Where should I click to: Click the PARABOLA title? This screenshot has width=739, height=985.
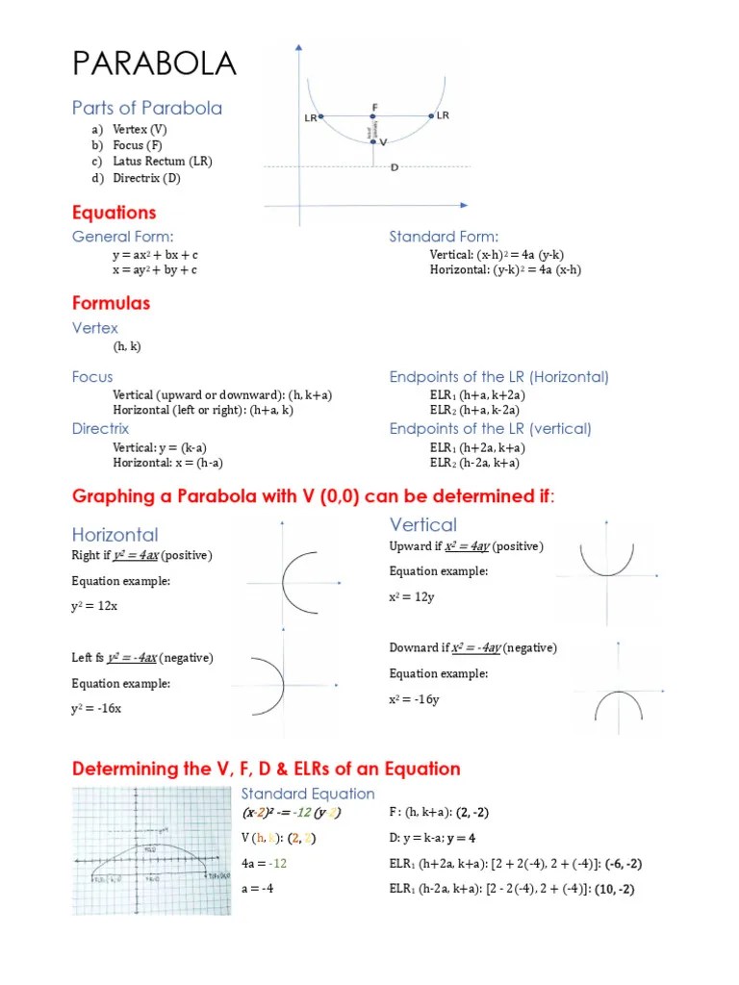tap(154, 64)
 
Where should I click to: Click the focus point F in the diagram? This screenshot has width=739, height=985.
tap(374, 116)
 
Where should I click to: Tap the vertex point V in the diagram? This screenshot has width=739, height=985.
tap(375, 141)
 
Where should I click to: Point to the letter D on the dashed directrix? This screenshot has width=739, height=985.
tap(395, 166)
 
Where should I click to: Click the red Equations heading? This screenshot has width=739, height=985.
tap(114, 213)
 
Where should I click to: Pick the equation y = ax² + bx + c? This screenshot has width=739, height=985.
tap(155, 255)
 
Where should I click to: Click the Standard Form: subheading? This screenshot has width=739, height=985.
tap(444, 237)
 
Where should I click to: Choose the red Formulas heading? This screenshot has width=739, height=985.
tap(111, 303)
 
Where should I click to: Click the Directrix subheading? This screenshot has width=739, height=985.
tap(100, 428)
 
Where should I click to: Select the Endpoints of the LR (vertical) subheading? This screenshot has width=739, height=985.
tap(490, 428)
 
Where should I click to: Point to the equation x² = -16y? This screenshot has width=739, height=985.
tap(414, 699)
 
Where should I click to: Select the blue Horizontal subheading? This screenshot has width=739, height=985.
tap(115, 534)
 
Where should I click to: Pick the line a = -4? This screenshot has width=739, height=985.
tap(257, 888)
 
